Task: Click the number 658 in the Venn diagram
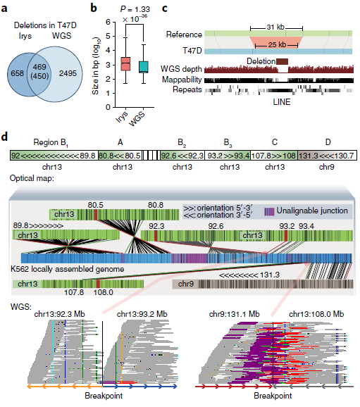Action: click(x=17, y=73)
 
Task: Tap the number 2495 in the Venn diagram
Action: click(x=68, y=73)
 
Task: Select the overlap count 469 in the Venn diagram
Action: click(x=39, y=67)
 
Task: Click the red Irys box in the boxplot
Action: click(x=125, y=63)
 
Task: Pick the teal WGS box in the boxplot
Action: click(x=144, y=67)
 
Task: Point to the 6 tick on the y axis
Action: click(x=108, y=22)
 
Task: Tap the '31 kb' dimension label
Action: click(x=275, y=27)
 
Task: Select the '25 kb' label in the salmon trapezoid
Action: click(x=277, y=44)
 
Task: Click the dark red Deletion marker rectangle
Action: click(x=282, y=61)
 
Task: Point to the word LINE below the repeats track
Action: click(x=282, y=101)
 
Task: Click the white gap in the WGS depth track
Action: click(x=283, y=70)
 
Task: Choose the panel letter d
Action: click(x=4, y=137)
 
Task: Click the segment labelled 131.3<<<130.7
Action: click(x=327, y=156)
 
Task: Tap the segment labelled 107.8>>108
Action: click(x=274, y=156)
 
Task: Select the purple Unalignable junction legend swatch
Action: click(x=269, y=211)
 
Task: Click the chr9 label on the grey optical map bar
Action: click(x=186, y=284)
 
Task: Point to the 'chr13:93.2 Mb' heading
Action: click(x=142, y=314)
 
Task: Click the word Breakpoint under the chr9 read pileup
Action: click(x=273, y=396)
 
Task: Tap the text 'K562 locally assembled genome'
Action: click(x=67, y=269)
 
